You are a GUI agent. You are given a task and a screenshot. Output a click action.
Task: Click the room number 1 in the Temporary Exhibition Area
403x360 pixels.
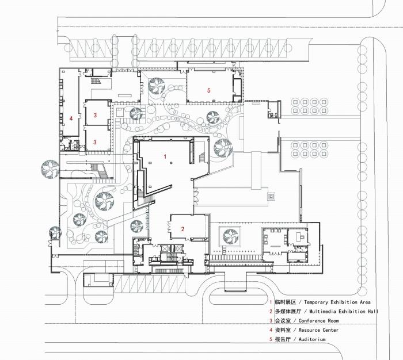tap(165, 156)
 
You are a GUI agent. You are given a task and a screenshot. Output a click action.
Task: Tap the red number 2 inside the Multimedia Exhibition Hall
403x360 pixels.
tap(183, 229)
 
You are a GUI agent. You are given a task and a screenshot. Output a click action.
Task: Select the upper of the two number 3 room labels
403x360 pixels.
tap(96, 115)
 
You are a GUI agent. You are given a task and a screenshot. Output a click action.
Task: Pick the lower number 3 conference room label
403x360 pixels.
tap(96, 140)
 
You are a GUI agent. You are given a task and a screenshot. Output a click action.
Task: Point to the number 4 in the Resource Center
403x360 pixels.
tap(71, 118)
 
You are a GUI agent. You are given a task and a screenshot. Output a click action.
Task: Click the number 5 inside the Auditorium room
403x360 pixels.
tap(209, 90)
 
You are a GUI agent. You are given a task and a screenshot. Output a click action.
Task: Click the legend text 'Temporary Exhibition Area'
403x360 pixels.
tap(337, 302)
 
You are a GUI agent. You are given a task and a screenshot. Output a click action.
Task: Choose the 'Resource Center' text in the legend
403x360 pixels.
tap(318, 330)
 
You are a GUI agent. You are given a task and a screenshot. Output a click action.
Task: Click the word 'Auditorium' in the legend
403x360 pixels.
tap(311, 339)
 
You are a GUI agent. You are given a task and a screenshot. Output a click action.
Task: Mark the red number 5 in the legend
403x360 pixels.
tap(271, 339)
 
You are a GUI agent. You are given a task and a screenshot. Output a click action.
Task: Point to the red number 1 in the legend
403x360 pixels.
tap(271, 302)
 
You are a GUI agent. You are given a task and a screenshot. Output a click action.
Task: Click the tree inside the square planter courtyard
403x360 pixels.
tap(230, 234)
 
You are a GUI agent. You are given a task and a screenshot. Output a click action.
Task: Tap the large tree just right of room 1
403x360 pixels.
tap(222, 148)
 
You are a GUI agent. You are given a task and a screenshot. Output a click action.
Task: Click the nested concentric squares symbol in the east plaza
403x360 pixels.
tap(271, 197)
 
